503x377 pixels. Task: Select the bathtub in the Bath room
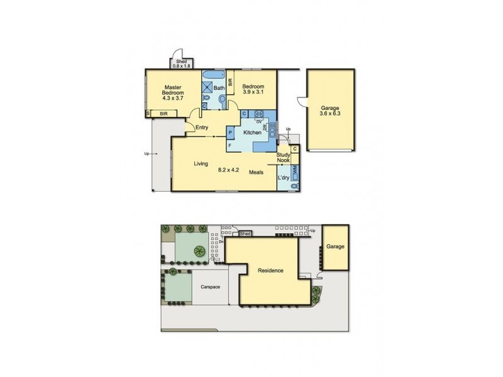pyautogui.click(x=209, y=76)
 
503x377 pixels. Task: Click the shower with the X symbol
pyautogui.click(x=207, y=89)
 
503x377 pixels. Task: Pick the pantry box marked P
pyautogui.click(x=231, y=133)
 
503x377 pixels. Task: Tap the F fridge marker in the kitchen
pyautogui.click(x=230, y=146)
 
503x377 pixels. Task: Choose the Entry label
pyautogui.click(x=201, y=128)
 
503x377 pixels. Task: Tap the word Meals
pyautogui.click(x=256, y=172)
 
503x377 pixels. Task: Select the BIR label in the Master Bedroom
pyautogui.click(x=163, y=114)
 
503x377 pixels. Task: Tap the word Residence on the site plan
pyautogui.click(x=270, y=271)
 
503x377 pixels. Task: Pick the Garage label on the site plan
pyautogui.click(x=335, y=247)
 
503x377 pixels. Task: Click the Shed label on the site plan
pyautogui.click(x=246, y=234)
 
